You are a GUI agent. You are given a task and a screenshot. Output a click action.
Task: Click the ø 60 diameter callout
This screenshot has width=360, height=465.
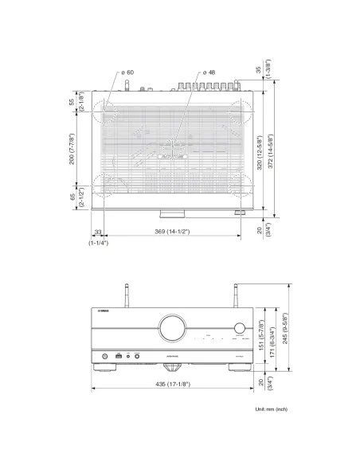(127, 72)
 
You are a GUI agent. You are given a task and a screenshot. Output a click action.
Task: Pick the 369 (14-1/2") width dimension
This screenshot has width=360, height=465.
(173, 231)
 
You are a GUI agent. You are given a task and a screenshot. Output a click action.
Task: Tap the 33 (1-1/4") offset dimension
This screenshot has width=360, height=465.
(98, 236)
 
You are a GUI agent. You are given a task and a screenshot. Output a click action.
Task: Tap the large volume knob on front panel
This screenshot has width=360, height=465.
(173, 326)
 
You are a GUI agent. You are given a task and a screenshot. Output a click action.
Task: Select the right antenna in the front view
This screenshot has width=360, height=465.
(236, 297)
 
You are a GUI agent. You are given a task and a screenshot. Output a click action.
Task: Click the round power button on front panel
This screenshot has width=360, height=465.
(103, 355)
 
